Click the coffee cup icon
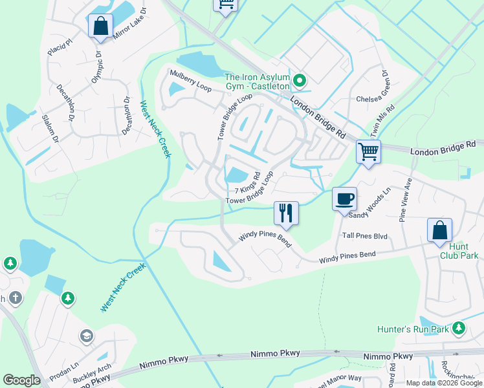(344, 199)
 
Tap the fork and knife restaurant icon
(285, 212)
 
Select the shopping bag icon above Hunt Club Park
(439, 230)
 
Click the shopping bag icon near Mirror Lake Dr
(100, 27)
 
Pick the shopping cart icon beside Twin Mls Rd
(368, 153)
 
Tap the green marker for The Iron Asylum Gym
(299, 81)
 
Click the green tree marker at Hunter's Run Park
(459, 329)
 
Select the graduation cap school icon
(87, 336)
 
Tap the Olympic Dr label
(98, 67)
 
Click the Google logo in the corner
(21, 380)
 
